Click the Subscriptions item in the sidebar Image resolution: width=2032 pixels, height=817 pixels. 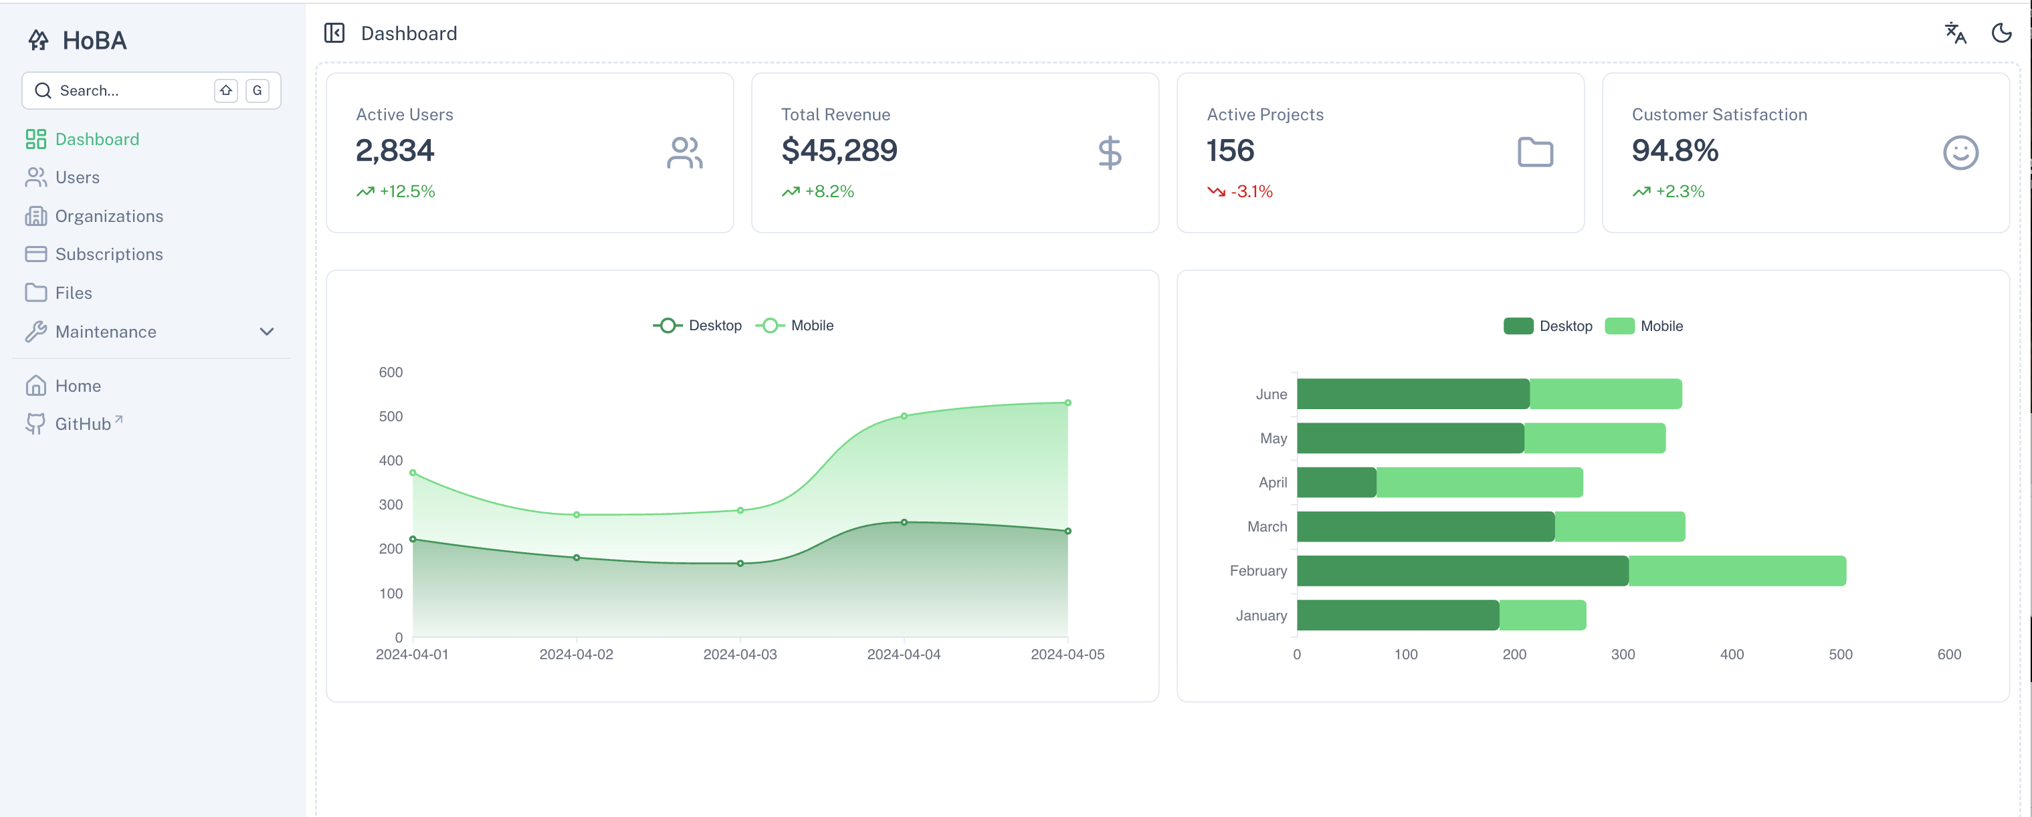pyautogui.click(x=108, y=254)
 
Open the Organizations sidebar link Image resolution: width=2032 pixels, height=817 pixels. pyautogui.click(x=108, y=216)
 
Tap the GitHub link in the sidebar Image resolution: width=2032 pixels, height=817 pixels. pyautogui.click(x=82, y=425)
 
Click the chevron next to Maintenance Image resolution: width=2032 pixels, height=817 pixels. pyautogui.click(x=267, y=332)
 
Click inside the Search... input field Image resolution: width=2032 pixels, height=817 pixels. pyautogui.click(x=126, y=91)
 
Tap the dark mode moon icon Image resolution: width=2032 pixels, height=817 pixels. pyautogui.click(x=2001, y=33)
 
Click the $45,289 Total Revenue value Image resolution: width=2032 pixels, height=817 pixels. pyautogui.click(x=839, y=150)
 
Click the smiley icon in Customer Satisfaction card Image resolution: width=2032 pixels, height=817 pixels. pyautogui.click(x=1960, y=153)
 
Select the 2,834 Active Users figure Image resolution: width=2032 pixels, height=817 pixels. pyautogui.click(x=395, y=150)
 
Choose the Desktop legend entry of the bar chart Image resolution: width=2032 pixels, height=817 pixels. pyautogui.click(x=1548, y=326)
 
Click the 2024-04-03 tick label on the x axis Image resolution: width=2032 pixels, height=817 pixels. pyautogui.click(x=739, y=655)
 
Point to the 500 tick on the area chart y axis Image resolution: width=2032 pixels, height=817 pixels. pyautogui.click(x=391, y=417)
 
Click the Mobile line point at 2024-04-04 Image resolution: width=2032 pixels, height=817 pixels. pyautogui.click(x=904, y=416)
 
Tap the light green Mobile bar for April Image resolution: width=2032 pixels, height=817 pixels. pyautogui.click(x=1479, y=483)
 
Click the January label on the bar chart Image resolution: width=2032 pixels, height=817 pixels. pyautogui.click(x=1261, y=615)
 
